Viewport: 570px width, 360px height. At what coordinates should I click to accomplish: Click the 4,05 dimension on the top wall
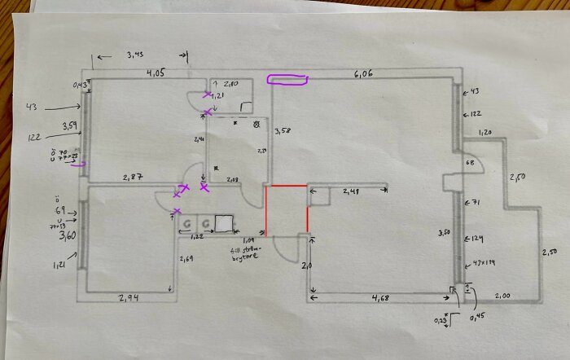point(156,72)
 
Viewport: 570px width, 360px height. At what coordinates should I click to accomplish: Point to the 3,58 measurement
point(283,130)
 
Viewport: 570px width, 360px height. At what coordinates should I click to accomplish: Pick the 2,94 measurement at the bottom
point(128,297)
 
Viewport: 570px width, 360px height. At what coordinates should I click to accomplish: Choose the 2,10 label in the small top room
point(230,85)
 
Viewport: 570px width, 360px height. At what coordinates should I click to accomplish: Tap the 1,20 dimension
point(486,133)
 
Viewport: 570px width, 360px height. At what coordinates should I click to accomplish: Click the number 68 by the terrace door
point(469,163)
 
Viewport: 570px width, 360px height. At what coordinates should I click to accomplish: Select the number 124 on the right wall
point(476,239)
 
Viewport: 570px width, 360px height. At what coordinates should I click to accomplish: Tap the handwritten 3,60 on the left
point(68,237)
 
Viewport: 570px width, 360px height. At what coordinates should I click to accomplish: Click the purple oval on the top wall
point(287,80)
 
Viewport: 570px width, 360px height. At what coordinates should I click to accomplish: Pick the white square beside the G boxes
point(223,222)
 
